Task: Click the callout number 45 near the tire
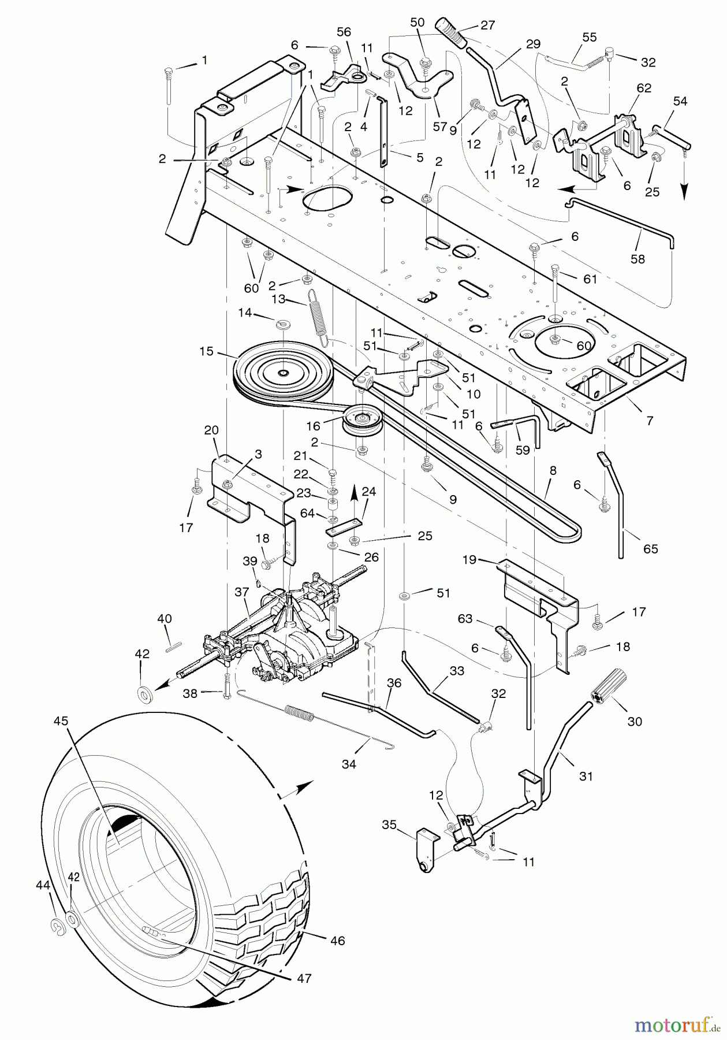tap(61, 721)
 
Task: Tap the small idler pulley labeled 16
tap(362, 419)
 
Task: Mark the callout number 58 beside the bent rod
tap(637, 259)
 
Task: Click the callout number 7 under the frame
tap(650, 421)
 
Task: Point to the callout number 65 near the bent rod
tap(651, 548)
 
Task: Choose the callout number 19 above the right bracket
tap(469, 559)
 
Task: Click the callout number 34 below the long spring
tap(349, 764)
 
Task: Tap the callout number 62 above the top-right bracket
tap(644, 88)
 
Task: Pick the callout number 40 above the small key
tap(164, 619)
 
